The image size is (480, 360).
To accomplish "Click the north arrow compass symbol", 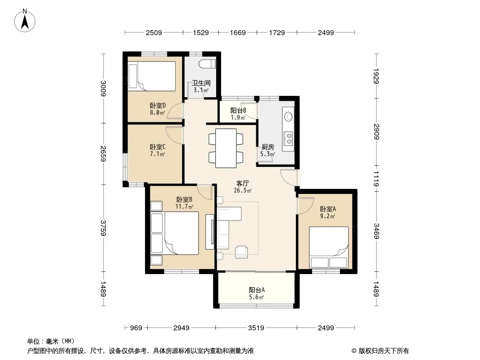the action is (25, 21).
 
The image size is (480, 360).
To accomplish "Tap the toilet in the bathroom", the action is (207, 64).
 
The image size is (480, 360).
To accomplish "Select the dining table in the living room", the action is (226, 148).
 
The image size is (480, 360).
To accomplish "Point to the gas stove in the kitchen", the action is (288, 138).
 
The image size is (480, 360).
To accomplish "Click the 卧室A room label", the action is (328, 209).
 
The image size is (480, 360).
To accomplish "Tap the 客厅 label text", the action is (242, 183).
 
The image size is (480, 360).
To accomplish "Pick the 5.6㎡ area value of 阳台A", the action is (256, 297).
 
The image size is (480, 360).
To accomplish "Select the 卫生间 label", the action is (201, 83).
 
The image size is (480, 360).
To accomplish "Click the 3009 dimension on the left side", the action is (104, 88).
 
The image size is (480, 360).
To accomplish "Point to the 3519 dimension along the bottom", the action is (256, 328).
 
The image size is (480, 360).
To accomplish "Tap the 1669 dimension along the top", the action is (238, 32).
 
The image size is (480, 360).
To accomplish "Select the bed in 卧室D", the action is (152, 76).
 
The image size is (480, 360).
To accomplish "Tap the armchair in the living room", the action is (241, 252).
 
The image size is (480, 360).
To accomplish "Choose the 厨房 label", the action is (268, 147).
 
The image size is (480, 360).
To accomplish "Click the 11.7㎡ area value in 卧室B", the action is (184, 207).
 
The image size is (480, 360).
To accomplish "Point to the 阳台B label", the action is (239, 110).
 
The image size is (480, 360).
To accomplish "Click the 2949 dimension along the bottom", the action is (181, 328).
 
